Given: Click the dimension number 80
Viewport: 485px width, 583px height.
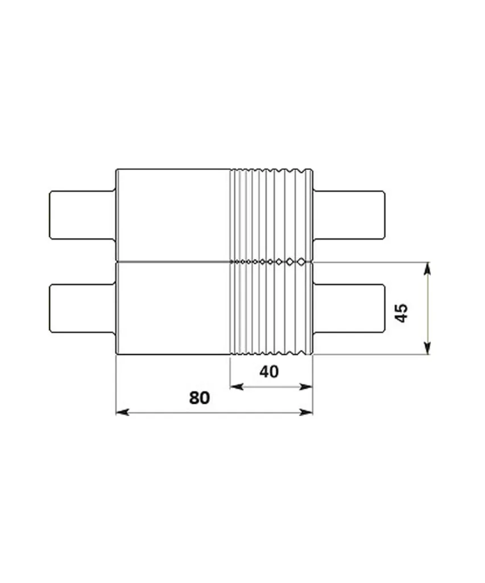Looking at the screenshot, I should pyautogui.click(x=200, y=397).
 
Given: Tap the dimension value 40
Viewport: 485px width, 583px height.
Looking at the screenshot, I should pyautogui.click(x=269, y=372).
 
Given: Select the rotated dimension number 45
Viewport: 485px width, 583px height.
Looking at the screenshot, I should pyautogui.click(x=401, y=313).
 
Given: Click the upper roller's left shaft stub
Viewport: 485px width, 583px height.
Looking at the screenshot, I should pyautogui.click(x=82, y=215).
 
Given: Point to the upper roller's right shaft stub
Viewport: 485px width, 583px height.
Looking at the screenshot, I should pyautogui.click(x=349, y=215).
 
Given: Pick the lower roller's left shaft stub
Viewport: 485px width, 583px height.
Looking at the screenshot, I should pyautogui.click(x=82, y=309).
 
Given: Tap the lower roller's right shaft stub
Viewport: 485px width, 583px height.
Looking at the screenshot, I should pyautogui.click(x=349, y=309).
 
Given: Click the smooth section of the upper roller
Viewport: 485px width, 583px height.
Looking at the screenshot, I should pyautogui.click(x=173, y=215).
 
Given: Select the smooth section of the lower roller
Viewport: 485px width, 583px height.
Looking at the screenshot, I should pyautogui.click(x=173, y=309).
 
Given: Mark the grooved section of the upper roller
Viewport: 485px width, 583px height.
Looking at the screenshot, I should pyautogui.click(x=271, y=215).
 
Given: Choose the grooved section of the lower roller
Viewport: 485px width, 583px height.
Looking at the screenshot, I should pyautogui.click(x=271, y=309).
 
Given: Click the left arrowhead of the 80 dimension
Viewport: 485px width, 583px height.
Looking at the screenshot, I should pyautogui.click(x=121, y=412).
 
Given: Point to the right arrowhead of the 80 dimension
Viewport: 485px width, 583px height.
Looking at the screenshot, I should pyautogui.click(x=308, y=412).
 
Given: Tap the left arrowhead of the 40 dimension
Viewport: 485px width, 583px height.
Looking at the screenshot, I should pyautogui.click(x=234, y=387).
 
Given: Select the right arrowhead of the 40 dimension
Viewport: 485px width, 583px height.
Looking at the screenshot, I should pyautogui.click(x=308, y=387).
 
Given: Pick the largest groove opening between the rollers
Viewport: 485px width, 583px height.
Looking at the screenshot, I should pyautogui.click(x=301, y=262).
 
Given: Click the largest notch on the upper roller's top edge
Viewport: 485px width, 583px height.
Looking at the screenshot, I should pyautogui.click(x=301, y=171).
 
